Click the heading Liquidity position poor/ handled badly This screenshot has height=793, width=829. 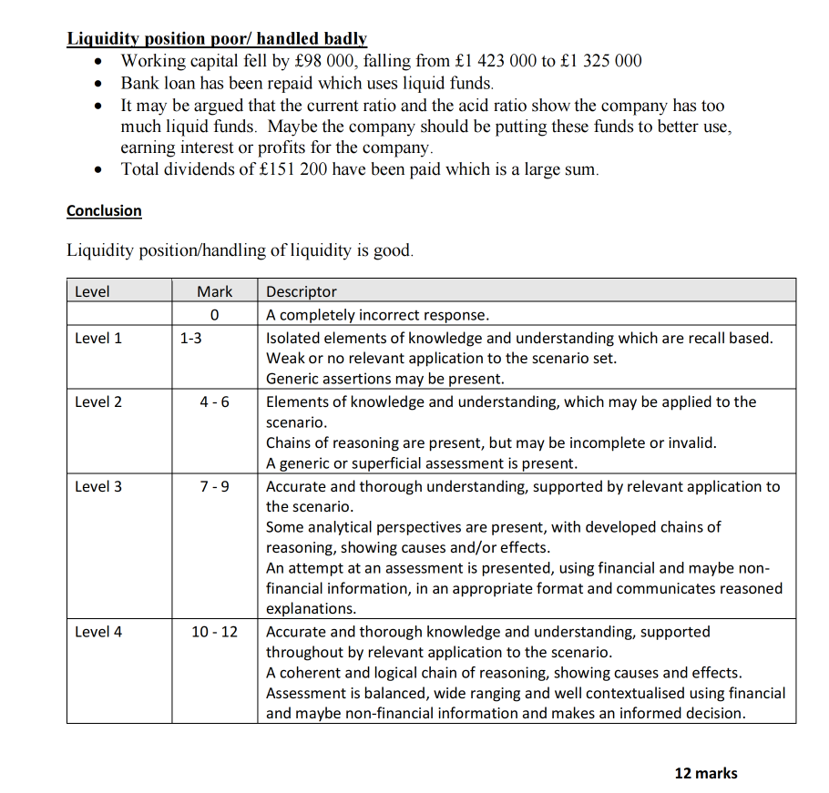pyautogui.click(x=217, y=38)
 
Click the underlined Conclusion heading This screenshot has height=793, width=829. pyautogui.click(x=104, y=211)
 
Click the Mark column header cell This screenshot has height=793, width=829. pyautogui.click(x=214, y=291)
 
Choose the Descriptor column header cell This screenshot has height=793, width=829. pyautogui.click(x=302, y=291)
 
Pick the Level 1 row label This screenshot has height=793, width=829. pyautogui.click(x=98, y=338)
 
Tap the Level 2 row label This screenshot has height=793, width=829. pyautogui.click(x=98, y=402)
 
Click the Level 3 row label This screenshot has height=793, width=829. pyautogui.click(x=98, y=486)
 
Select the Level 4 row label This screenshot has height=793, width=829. pyautogui.click(x=98, y=631)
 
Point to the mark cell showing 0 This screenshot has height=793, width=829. pyautogui.click(x=214, y=315)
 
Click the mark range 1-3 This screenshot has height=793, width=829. pyautogui.click(x=190, y=338)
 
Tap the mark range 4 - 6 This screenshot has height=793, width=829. pyautogui.click(x=214, y=402)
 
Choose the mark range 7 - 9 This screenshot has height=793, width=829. pyautogui.click(x=214, y=486)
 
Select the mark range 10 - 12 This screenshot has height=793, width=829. pyautogui.click(x=214, y=631)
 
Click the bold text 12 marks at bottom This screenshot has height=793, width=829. pyautogui.click(x=705, y=773)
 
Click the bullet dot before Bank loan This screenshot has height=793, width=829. pyautogui.click(x=100, y=83)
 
